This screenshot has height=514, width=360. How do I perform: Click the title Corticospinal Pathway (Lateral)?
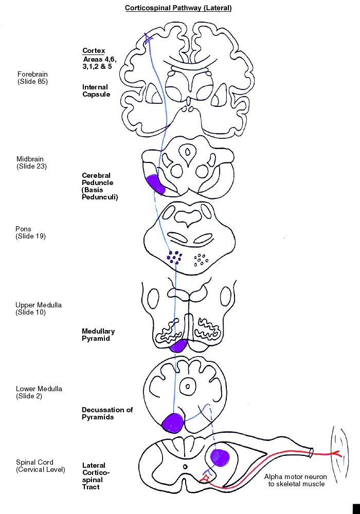pyautogui.click(x=178, y=8)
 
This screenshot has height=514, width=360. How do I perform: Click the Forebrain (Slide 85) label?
pyautogui.click(x=32, y=78)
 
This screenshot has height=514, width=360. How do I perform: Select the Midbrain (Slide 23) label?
pyautogui.click(x=31, y=162)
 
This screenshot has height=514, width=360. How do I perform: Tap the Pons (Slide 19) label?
pyautogui.click(x=30, y=232)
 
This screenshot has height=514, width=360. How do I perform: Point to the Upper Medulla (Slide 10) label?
pyautogui.click(x=39, y=308)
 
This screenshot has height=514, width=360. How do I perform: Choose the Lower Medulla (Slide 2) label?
pyautogui.click(x=39, y=392)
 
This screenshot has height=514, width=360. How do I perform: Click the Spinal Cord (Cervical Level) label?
pyautogui.click(x=40, y=466)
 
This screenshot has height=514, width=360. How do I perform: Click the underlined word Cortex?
pyautogui.click(x=94, y=51)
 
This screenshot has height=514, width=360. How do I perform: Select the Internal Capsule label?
pyautogui.click(x=96, y=90)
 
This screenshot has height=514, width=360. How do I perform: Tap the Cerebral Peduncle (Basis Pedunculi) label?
pyautogui.click(x=100, y=186)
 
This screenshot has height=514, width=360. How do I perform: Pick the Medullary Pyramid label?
pyautogui.click(x=98, y=335)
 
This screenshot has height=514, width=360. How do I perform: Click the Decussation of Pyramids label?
pyautogui.click(x=107, y=413)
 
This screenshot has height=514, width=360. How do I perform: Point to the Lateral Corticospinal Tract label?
pyautogui.click(x=96, y=476)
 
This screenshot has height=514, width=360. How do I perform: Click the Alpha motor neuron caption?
pyautogui.click(x=296, y=480)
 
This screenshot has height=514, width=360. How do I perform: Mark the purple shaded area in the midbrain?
pyautogui.click(x=155, y=185)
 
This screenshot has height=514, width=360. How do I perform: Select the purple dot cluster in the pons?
pyautogui.click(x=174, y=258)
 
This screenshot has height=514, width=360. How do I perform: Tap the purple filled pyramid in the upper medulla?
pyautogui.click(x=178, y=345)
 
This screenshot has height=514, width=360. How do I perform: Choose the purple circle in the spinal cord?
pyautogui.click(x=220, y=457)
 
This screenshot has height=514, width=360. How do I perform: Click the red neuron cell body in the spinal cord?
pyautogui.click(x=205, y=479)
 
